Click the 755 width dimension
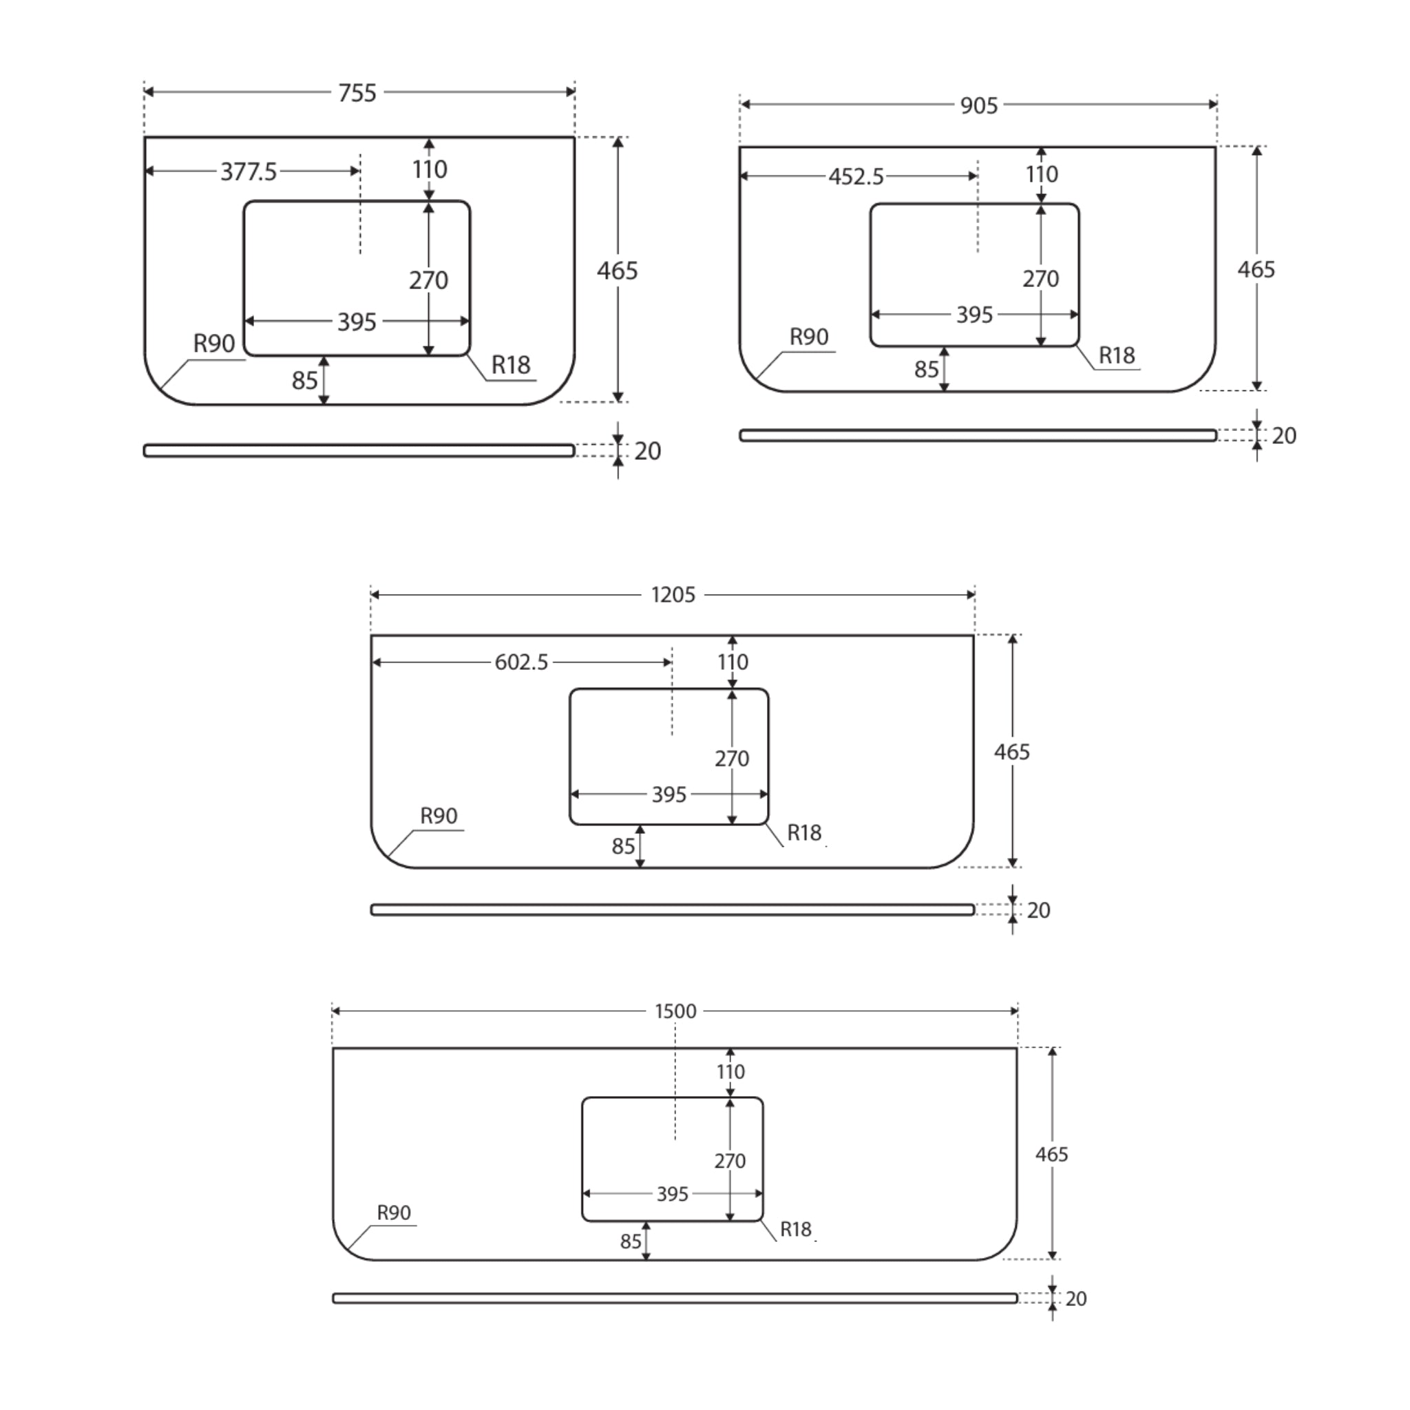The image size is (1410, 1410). (357, 94)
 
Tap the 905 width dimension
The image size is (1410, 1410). (979, 106)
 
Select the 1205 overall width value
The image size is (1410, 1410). (673, 596)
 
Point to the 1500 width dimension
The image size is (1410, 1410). (675, 1011)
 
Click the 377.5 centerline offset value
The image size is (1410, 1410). (249, 172)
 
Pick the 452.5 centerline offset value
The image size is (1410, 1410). (856, 178)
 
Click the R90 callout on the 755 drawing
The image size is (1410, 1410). (214, 344)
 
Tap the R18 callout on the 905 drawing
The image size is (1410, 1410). (1117, 356)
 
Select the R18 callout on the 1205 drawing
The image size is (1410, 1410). (804, 833)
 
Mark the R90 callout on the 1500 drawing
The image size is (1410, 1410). (393, 1213)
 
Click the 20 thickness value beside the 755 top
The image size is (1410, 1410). (647, 452)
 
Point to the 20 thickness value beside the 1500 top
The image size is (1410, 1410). (1076, 1299)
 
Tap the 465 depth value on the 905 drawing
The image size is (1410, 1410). (1256, 270)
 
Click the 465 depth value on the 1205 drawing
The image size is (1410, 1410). (1011, 753)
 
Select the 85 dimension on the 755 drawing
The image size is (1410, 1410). (304, 381)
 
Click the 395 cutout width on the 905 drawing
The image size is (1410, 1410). (974, 315)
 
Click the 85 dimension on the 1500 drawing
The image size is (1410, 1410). (631, 1241)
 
